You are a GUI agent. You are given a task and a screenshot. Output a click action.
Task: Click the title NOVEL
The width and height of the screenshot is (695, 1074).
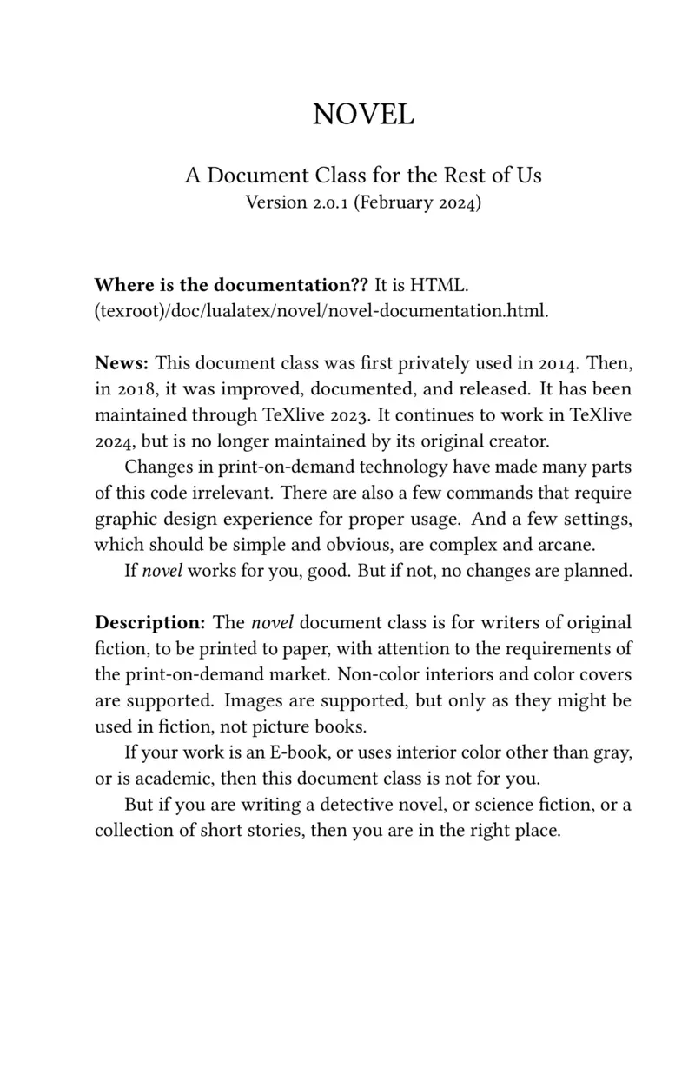363,114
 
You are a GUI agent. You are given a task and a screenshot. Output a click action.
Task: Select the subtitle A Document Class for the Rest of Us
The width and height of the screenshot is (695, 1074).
363,176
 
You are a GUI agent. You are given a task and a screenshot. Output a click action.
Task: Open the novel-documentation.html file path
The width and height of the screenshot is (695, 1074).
321,311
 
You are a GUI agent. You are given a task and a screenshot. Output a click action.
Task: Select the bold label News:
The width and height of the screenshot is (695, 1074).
122,362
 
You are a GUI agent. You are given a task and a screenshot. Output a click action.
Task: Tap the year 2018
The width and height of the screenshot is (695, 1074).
132,388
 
